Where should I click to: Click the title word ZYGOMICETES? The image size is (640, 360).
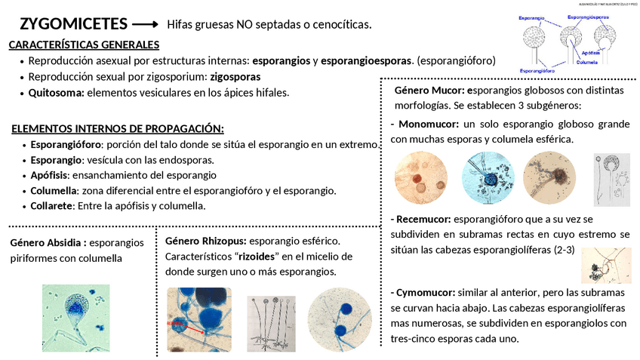pos(73,23)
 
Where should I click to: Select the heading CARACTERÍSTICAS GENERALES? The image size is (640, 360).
pos(84,45)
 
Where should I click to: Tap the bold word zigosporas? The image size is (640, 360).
pos(235,76)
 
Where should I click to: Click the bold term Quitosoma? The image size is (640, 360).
pos(56,93)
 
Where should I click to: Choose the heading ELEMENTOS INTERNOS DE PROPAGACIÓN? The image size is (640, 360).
pos(118,129)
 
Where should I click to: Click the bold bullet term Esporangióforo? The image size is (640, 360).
pos(65,144)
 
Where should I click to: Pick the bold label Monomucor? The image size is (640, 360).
pos(427,124)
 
